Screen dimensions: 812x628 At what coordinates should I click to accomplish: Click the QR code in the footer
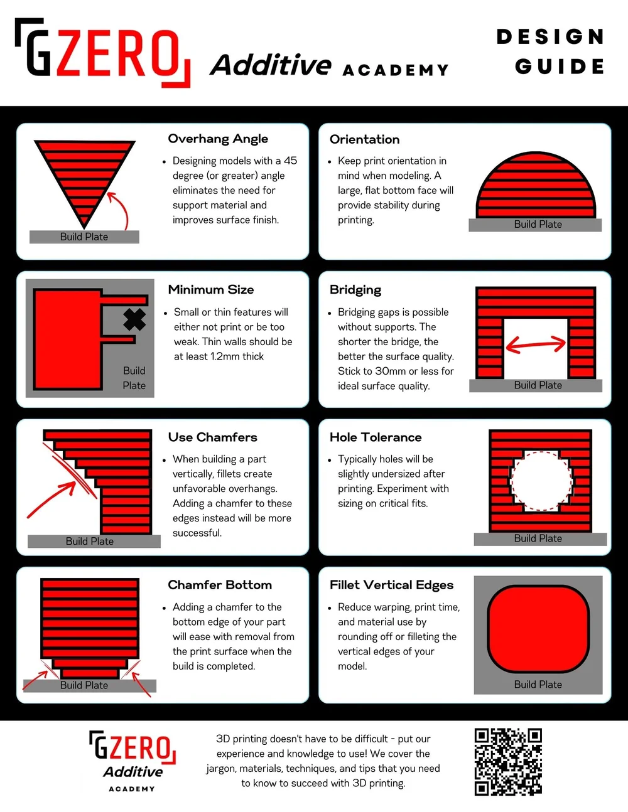[x=508, y=761]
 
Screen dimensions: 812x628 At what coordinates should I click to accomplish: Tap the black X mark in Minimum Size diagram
[x=134, y=319]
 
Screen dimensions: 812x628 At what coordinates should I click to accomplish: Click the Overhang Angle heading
[x=218, y=139]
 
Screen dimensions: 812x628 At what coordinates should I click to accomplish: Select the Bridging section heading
[x=355, y=290]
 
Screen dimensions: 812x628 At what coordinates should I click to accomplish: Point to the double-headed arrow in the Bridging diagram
[x=536, y=344]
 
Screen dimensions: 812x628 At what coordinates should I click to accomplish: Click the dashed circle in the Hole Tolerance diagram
[x=541, y=480]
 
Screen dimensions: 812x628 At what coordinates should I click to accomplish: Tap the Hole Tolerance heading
[x=376, y=437]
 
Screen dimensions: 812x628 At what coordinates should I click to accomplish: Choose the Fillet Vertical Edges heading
[x=391, y=585]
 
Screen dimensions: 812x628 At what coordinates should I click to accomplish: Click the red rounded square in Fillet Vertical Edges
[x=538, y=629]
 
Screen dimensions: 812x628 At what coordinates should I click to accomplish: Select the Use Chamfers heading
[x=212, y=437]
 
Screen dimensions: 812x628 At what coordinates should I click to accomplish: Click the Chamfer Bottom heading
[x=220, y=585]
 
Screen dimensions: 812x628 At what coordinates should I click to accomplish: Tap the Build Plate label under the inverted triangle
[x=84, y=237]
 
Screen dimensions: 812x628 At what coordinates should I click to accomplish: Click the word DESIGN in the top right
[x=550, y=36]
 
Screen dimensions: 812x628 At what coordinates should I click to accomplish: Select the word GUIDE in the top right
[x=560, y=66]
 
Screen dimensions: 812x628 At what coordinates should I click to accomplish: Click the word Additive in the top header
[x=271, y=65]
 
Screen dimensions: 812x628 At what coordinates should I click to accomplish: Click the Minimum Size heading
[x=211, y=290]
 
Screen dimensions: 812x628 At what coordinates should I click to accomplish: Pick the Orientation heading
[x=364, y=139]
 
